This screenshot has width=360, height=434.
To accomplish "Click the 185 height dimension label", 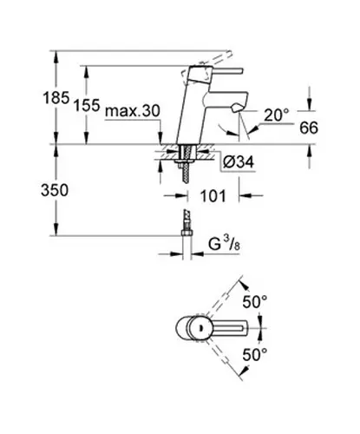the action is (x=56, y=97).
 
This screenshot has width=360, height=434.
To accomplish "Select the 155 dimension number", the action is (x=87, y=105).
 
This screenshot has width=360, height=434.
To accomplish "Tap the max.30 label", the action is (x=133, y=111).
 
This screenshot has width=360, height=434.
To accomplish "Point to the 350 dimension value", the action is (x=55, y=190).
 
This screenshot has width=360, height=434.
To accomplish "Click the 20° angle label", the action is (x=277, y=115).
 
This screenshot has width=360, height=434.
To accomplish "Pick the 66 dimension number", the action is (x=309, y=128).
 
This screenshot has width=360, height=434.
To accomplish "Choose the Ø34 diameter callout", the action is (x=239, y=162).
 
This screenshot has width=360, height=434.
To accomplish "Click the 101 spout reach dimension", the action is (x=213, y=196).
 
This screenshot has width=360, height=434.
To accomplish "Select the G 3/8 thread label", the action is (x=224, y=245).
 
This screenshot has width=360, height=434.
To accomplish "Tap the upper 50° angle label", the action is (x=255, y=302).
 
